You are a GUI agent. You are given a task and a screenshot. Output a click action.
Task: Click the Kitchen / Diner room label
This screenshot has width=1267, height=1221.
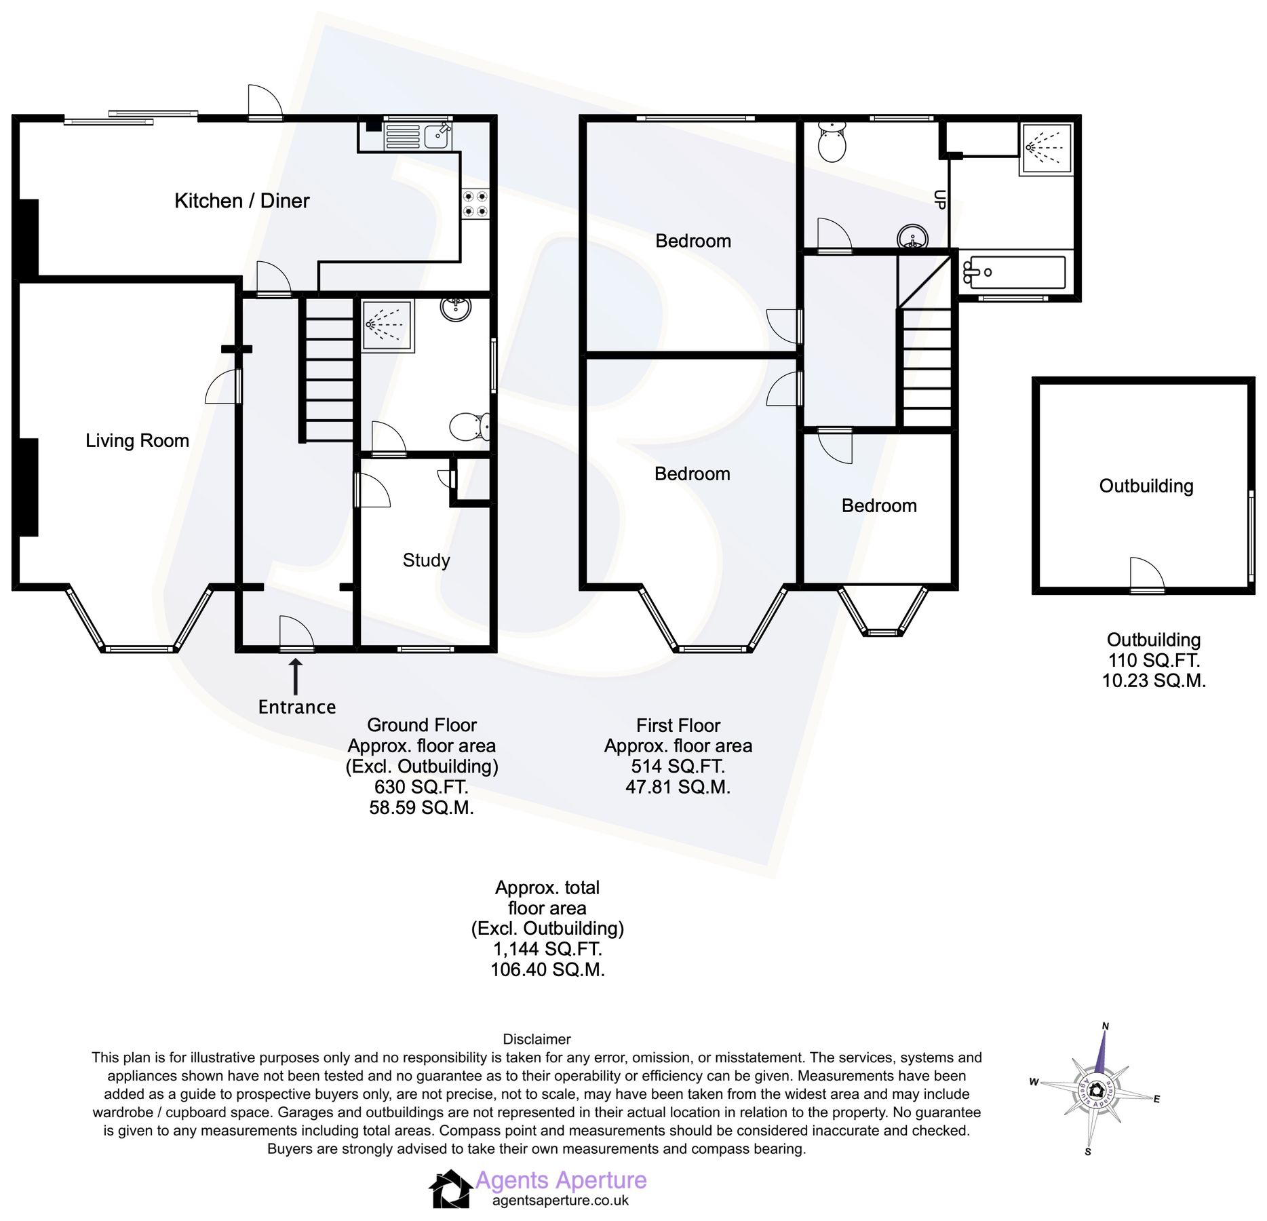point(241,201)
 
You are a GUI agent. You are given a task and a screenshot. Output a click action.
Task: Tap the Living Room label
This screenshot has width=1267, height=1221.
point(137,441)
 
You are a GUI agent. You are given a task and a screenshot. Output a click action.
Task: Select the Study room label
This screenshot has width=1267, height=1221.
point(426,560)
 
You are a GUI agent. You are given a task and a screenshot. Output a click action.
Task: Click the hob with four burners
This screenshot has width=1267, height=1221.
point(475,204)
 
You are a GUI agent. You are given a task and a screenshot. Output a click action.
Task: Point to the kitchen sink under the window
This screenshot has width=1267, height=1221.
point(417,136)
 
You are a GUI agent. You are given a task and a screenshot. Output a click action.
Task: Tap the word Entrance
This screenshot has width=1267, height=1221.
point(297,707)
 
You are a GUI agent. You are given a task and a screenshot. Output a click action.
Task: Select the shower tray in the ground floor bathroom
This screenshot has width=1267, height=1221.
point(387,326)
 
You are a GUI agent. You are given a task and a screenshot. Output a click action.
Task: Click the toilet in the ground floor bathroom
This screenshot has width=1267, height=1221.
point(469,426)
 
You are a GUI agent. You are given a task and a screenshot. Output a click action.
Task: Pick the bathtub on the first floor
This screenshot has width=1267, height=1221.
point(1014,273)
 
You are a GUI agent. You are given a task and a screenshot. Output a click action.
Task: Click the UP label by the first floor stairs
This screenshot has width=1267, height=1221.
point(939,199)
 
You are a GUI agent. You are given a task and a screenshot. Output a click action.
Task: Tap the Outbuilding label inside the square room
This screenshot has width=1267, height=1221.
point(1146,486)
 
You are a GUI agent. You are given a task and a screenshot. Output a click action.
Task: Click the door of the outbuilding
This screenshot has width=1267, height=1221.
point(1146,575)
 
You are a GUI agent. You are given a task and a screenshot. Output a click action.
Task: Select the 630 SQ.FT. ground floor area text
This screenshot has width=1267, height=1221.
point(421,787)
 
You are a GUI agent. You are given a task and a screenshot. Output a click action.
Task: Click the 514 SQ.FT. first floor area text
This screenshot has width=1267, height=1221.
point(678,767)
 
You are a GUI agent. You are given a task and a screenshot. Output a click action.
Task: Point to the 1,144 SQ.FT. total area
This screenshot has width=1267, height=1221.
point(547,949)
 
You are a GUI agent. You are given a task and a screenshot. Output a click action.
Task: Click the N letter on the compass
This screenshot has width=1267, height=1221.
point(1105,1026)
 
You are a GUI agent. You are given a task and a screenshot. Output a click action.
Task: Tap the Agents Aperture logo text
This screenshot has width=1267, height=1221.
point(560,1180)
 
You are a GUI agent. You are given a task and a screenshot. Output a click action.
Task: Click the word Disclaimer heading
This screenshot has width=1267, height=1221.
point(537,1039)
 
